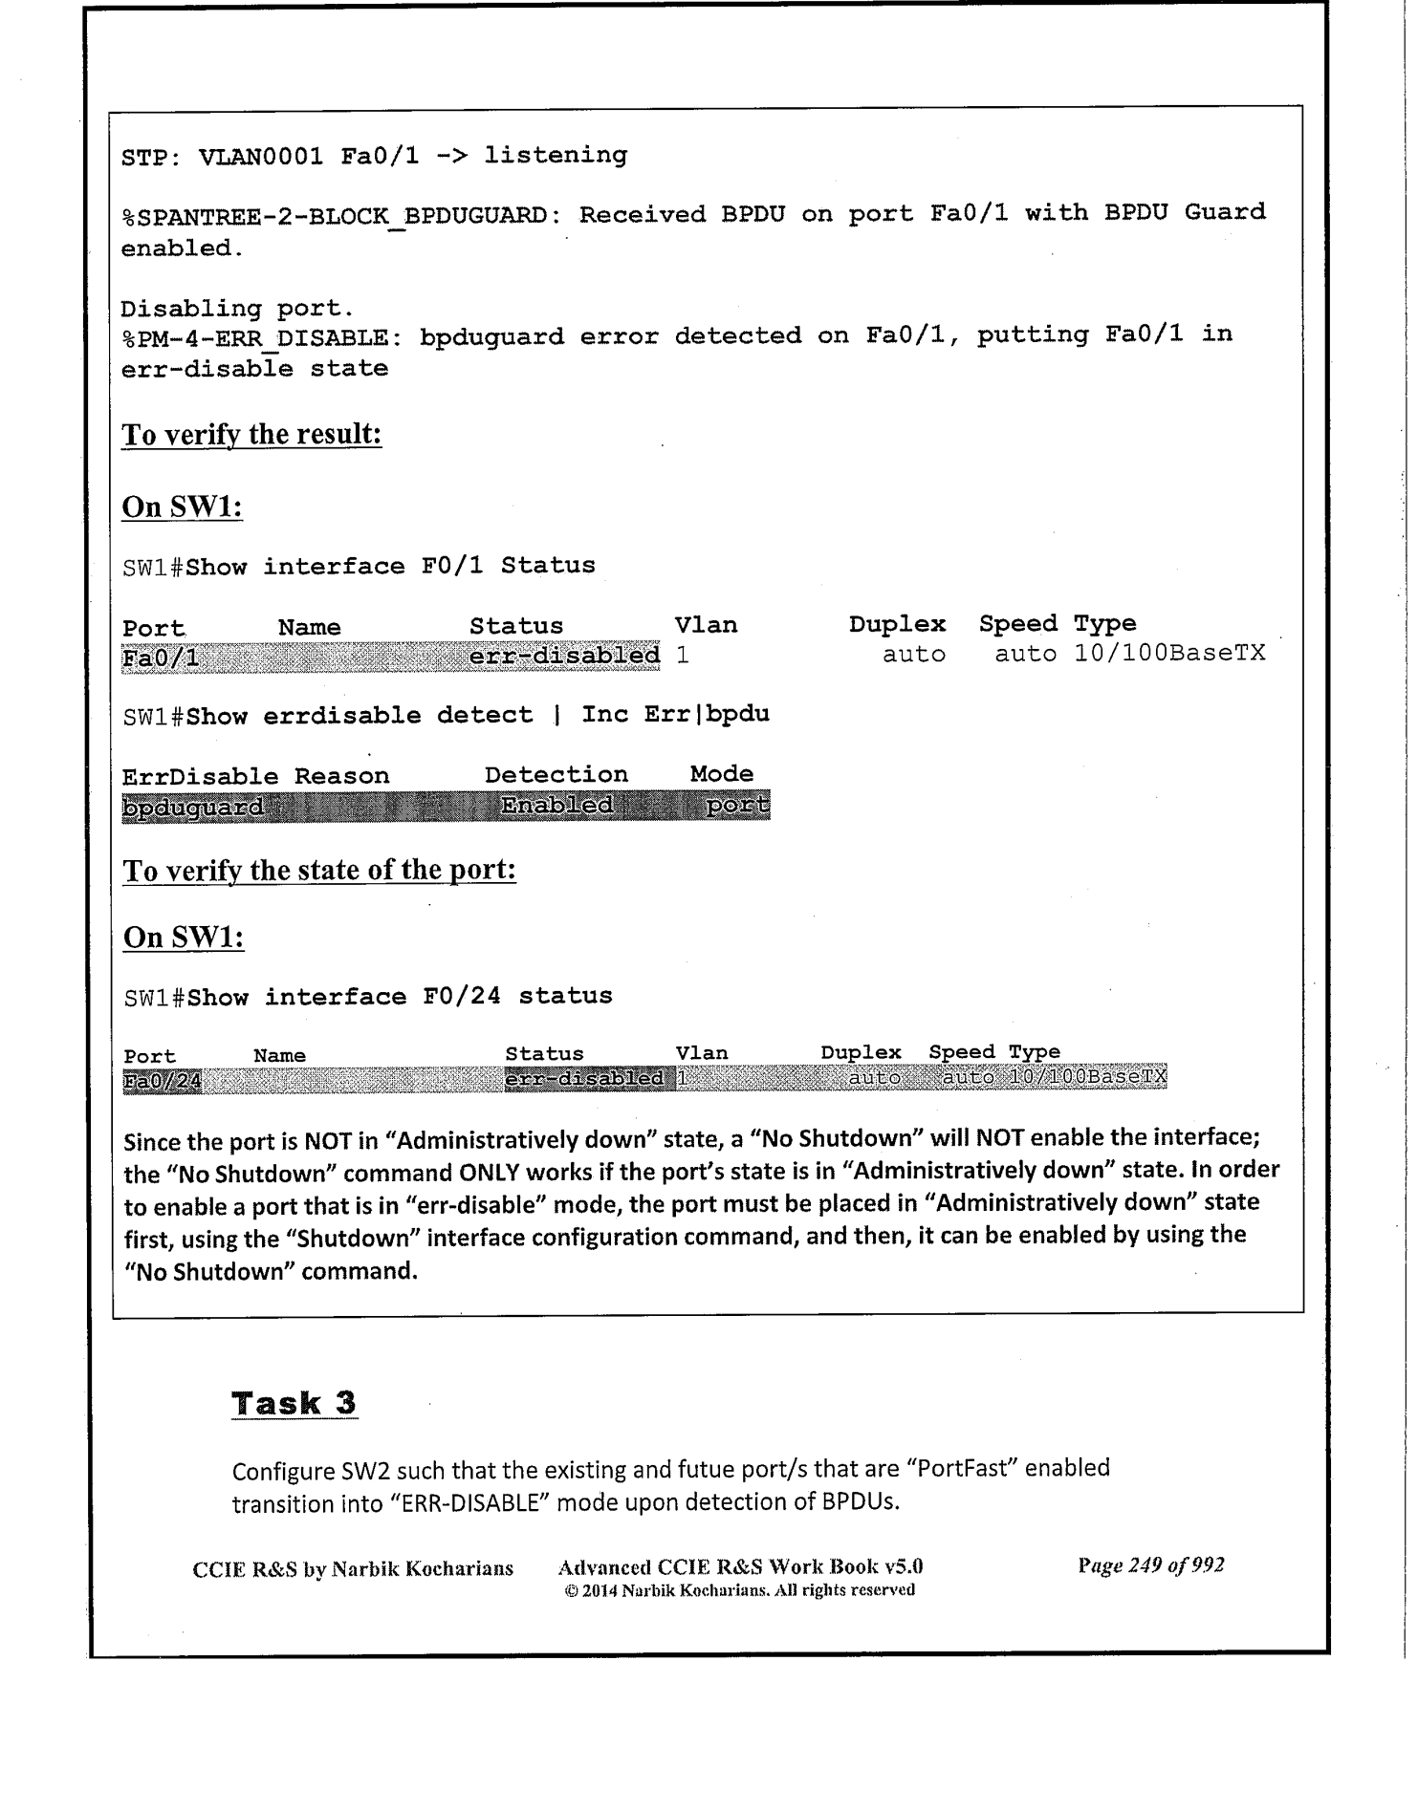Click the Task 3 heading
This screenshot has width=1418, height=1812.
pos(295,1403)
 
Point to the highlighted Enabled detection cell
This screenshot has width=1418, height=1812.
pos(556,806)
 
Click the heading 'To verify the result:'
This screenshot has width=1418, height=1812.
pos(251,435)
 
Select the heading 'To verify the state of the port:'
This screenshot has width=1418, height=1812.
pos(319,871)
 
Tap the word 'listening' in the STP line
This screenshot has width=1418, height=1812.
pos(555,155)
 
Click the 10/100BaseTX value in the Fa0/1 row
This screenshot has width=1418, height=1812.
pos(1169,654)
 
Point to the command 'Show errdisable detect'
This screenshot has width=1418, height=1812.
pos(360,716)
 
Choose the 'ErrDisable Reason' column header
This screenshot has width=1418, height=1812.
pos(255,776)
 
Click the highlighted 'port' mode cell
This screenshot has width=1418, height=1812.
pos(737,806)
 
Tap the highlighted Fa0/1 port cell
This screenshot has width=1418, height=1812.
pos(161,658)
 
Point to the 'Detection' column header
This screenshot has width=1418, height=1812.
pos(556,774)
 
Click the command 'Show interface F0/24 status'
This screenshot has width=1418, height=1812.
pos(400,997)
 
